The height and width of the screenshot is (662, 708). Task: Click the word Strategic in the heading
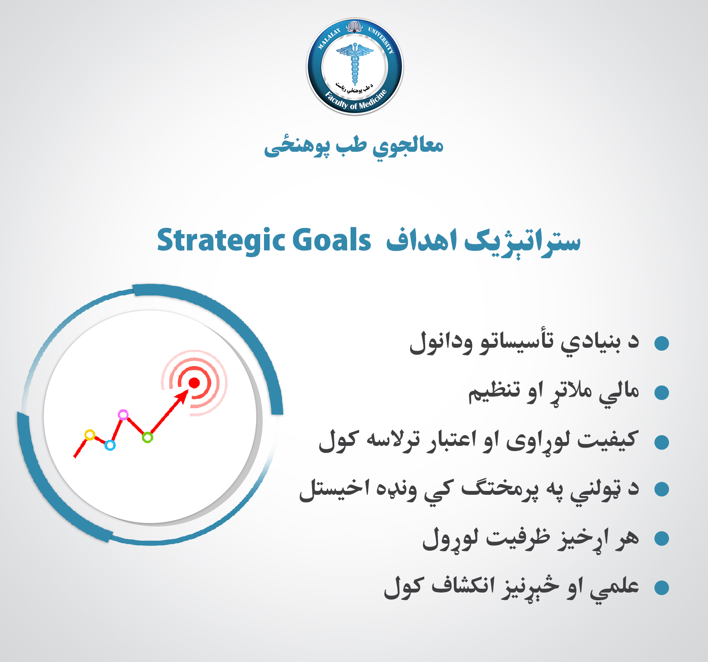[x=221, y=241]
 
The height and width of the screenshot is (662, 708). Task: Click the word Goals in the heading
[x=332, y=240]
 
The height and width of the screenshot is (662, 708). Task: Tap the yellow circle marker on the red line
[x=90, y=435]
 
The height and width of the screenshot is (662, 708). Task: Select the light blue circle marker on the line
[x=110, y=445]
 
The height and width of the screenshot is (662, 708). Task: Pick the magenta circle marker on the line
[x=123, y=415]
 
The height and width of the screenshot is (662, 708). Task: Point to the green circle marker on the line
[x=147, y=438]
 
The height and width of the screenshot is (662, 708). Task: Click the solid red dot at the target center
[x=194, y=383]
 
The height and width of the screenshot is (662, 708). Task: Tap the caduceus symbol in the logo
[x=355, y=64]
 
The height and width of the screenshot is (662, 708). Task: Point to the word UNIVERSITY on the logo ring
[x=381, y=39]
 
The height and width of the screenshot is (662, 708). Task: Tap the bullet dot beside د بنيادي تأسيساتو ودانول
[x=662, y=343]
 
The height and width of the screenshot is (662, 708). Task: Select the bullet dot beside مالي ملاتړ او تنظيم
[x=662, y=392]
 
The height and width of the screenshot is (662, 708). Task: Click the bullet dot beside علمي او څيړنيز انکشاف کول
[x=662, y=588]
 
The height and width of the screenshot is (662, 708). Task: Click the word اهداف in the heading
[x=422, y=240]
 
